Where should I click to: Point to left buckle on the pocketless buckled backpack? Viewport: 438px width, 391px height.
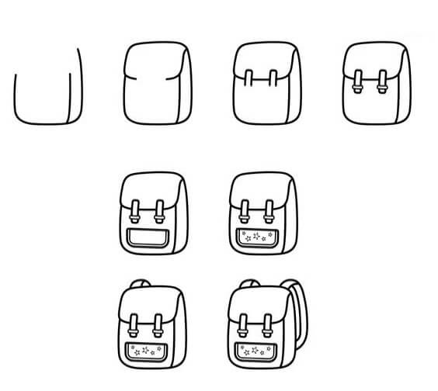[356, 82]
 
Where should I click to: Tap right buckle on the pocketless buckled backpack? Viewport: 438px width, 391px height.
[382, 82]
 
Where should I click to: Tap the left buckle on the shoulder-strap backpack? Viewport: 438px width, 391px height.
[244, 324]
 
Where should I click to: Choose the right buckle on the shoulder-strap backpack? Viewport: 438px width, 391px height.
[269, 324]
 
